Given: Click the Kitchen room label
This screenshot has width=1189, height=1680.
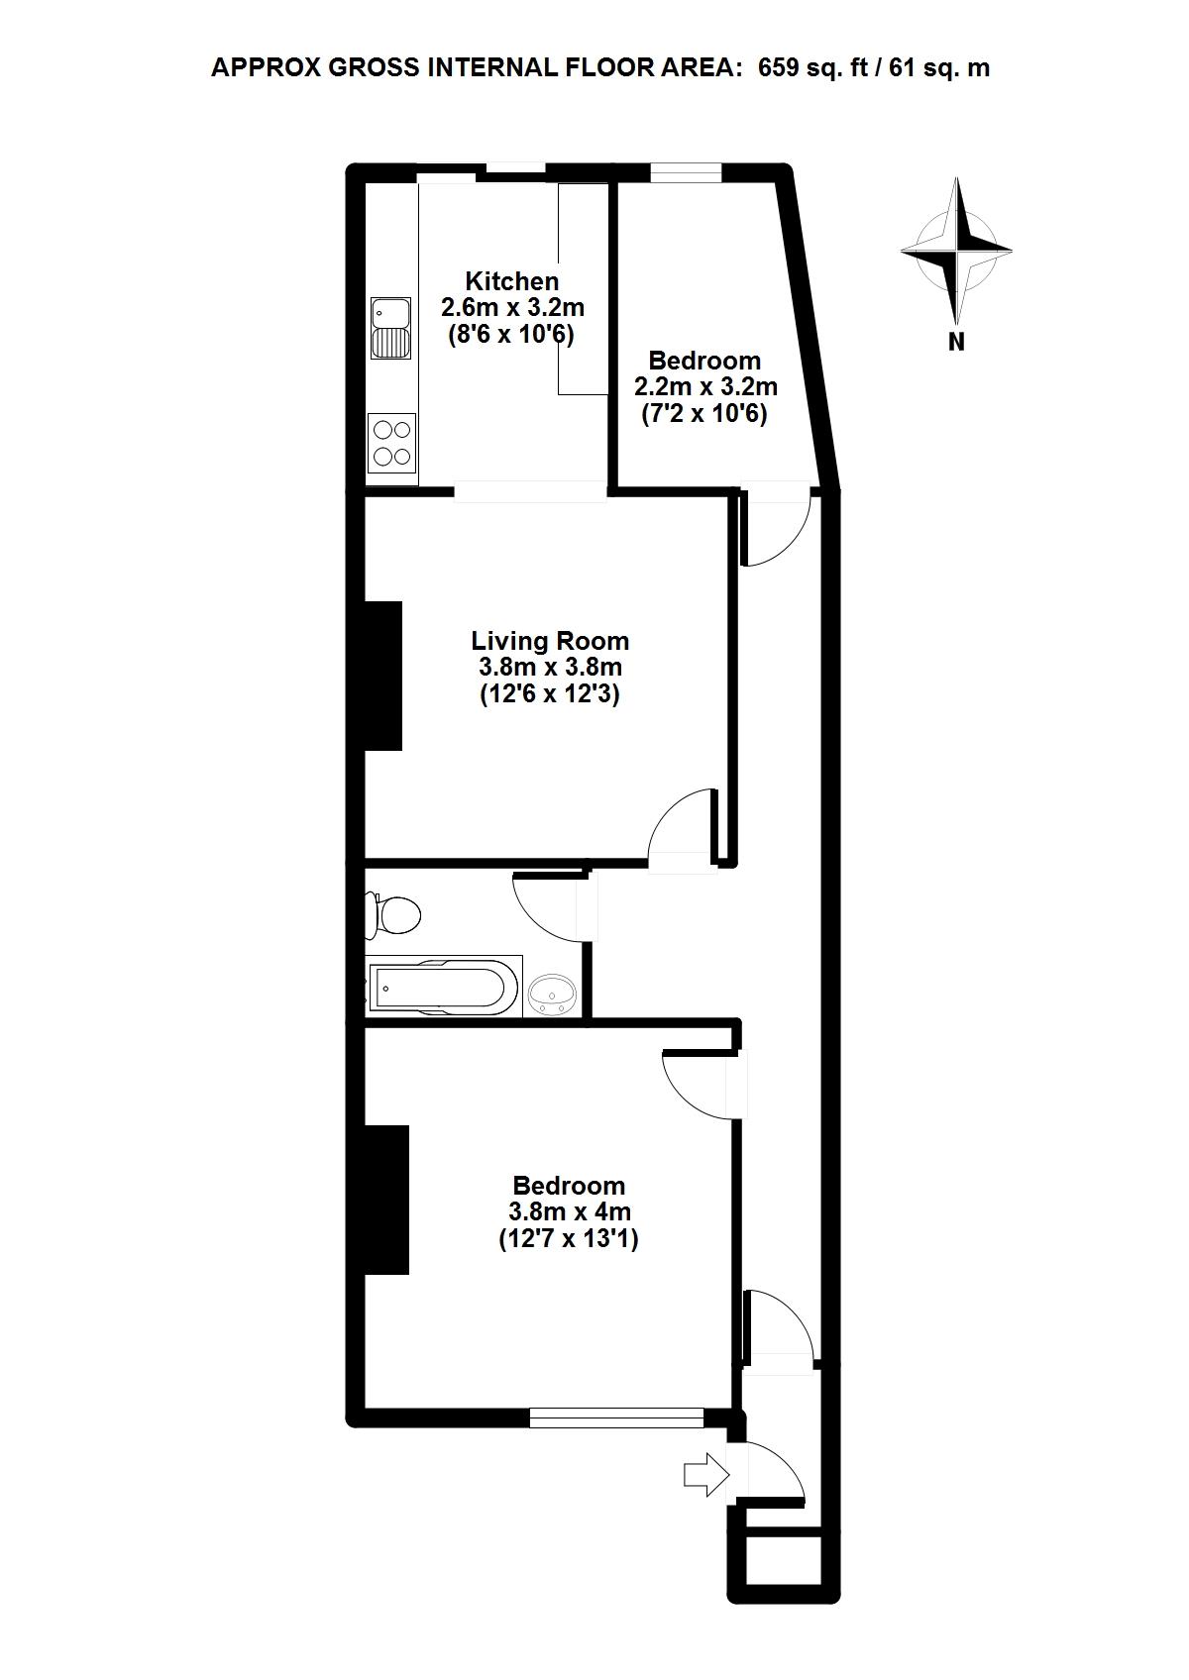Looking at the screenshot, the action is tap(511, 281).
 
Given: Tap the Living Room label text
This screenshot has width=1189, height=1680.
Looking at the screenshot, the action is tap(550, 641).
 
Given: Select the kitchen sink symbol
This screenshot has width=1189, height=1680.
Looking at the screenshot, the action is tap(390, 328).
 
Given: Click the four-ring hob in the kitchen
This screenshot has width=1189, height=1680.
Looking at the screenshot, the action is tap(391, 443).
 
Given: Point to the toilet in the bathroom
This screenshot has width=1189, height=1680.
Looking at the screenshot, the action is tap(391, 915).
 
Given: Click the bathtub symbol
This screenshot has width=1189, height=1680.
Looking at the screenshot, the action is tap(443, 987).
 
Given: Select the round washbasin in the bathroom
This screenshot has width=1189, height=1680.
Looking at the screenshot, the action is tap(552, 995).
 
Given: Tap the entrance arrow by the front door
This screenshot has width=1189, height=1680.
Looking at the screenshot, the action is tap(705, 1475).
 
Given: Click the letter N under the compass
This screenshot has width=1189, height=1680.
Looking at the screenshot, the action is tap(956, 342).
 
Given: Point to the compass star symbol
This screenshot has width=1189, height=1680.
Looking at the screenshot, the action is tap(956, 252).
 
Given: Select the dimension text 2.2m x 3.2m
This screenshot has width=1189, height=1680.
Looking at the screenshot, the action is tap(705, 387).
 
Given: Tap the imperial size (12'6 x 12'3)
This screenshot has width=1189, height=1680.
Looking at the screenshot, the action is tap(550, 693).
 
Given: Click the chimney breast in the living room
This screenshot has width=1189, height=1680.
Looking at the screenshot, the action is tap(383, 675).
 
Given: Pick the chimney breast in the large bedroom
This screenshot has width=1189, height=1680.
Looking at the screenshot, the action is tap(387, 1200).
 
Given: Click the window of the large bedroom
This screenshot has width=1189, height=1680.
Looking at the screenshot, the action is tap(616, 1417).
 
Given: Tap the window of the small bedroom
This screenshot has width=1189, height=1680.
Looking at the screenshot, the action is tap(686, 172).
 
